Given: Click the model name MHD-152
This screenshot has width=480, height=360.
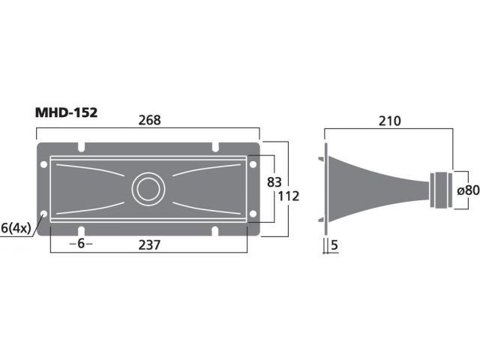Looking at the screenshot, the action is [66, 112].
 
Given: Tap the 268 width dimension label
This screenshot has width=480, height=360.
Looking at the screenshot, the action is [149, 120].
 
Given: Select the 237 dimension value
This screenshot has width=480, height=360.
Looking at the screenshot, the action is [149, 245].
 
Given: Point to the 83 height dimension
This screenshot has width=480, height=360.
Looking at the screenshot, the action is [274, 182].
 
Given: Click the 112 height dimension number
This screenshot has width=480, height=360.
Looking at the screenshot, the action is [288, 196].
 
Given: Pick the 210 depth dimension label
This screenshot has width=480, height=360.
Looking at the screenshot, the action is [390, 121].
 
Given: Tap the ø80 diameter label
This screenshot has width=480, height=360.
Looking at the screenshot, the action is [468, 190].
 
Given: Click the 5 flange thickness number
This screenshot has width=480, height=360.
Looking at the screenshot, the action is [334, 245].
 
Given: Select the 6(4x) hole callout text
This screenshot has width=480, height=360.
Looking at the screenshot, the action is [16, 228].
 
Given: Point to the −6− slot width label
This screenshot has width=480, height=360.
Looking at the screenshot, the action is [81, 244].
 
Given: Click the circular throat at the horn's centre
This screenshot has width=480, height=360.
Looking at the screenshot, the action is [148, 189].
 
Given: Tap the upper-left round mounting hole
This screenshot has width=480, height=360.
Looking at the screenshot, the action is [43, 164].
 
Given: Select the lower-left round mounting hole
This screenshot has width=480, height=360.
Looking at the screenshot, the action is [43, 214].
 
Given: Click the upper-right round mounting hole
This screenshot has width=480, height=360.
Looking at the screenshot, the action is [253, 164].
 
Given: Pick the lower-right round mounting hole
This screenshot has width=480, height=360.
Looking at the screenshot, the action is [253, 214].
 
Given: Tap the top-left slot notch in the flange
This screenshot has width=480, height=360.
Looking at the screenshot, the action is [81, 147].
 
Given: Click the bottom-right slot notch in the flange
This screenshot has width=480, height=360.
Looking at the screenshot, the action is [215, 231].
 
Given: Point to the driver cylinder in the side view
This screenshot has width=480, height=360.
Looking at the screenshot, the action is [441, 190].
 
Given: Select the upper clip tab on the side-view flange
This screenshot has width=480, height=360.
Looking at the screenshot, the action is [321, 159].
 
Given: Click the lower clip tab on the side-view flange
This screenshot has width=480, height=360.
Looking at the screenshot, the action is [321, 220].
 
